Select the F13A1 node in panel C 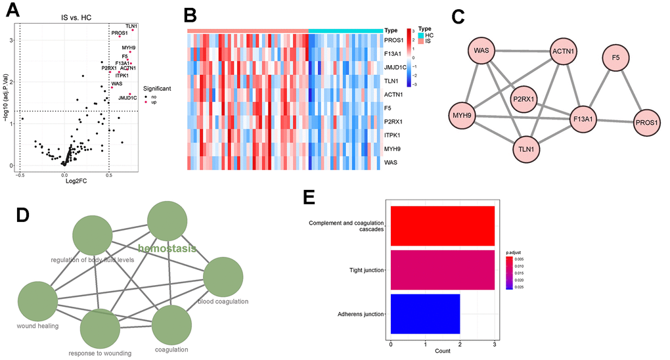click(x=587, y=121)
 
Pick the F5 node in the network click(x=615, y=58)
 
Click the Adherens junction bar click(x=425, y=314)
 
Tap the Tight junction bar click(x=442, y=270)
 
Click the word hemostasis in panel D click(x=167, y=248)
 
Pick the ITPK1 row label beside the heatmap click(x=396, y=134)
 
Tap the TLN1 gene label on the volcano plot click(x=131, y=26)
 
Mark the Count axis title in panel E click(x=442, y=351)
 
